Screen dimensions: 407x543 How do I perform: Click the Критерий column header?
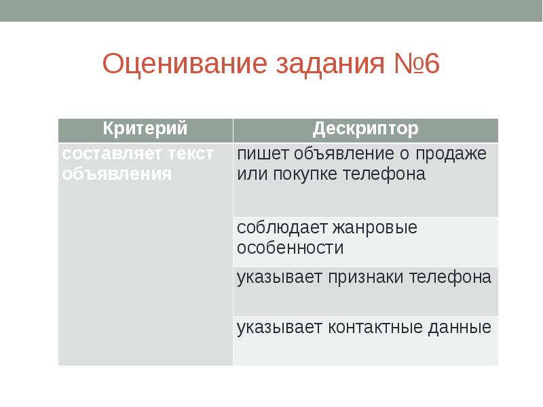(x=145, y=128)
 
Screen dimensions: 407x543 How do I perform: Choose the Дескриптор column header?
(x=365, y=129)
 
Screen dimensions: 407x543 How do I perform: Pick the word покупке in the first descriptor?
(x=303, y=174)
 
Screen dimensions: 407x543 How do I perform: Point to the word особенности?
(x=291, y=248)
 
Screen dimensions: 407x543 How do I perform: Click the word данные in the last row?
(x=460, y=328)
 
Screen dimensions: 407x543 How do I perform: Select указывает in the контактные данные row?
(x=280, y=328)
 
